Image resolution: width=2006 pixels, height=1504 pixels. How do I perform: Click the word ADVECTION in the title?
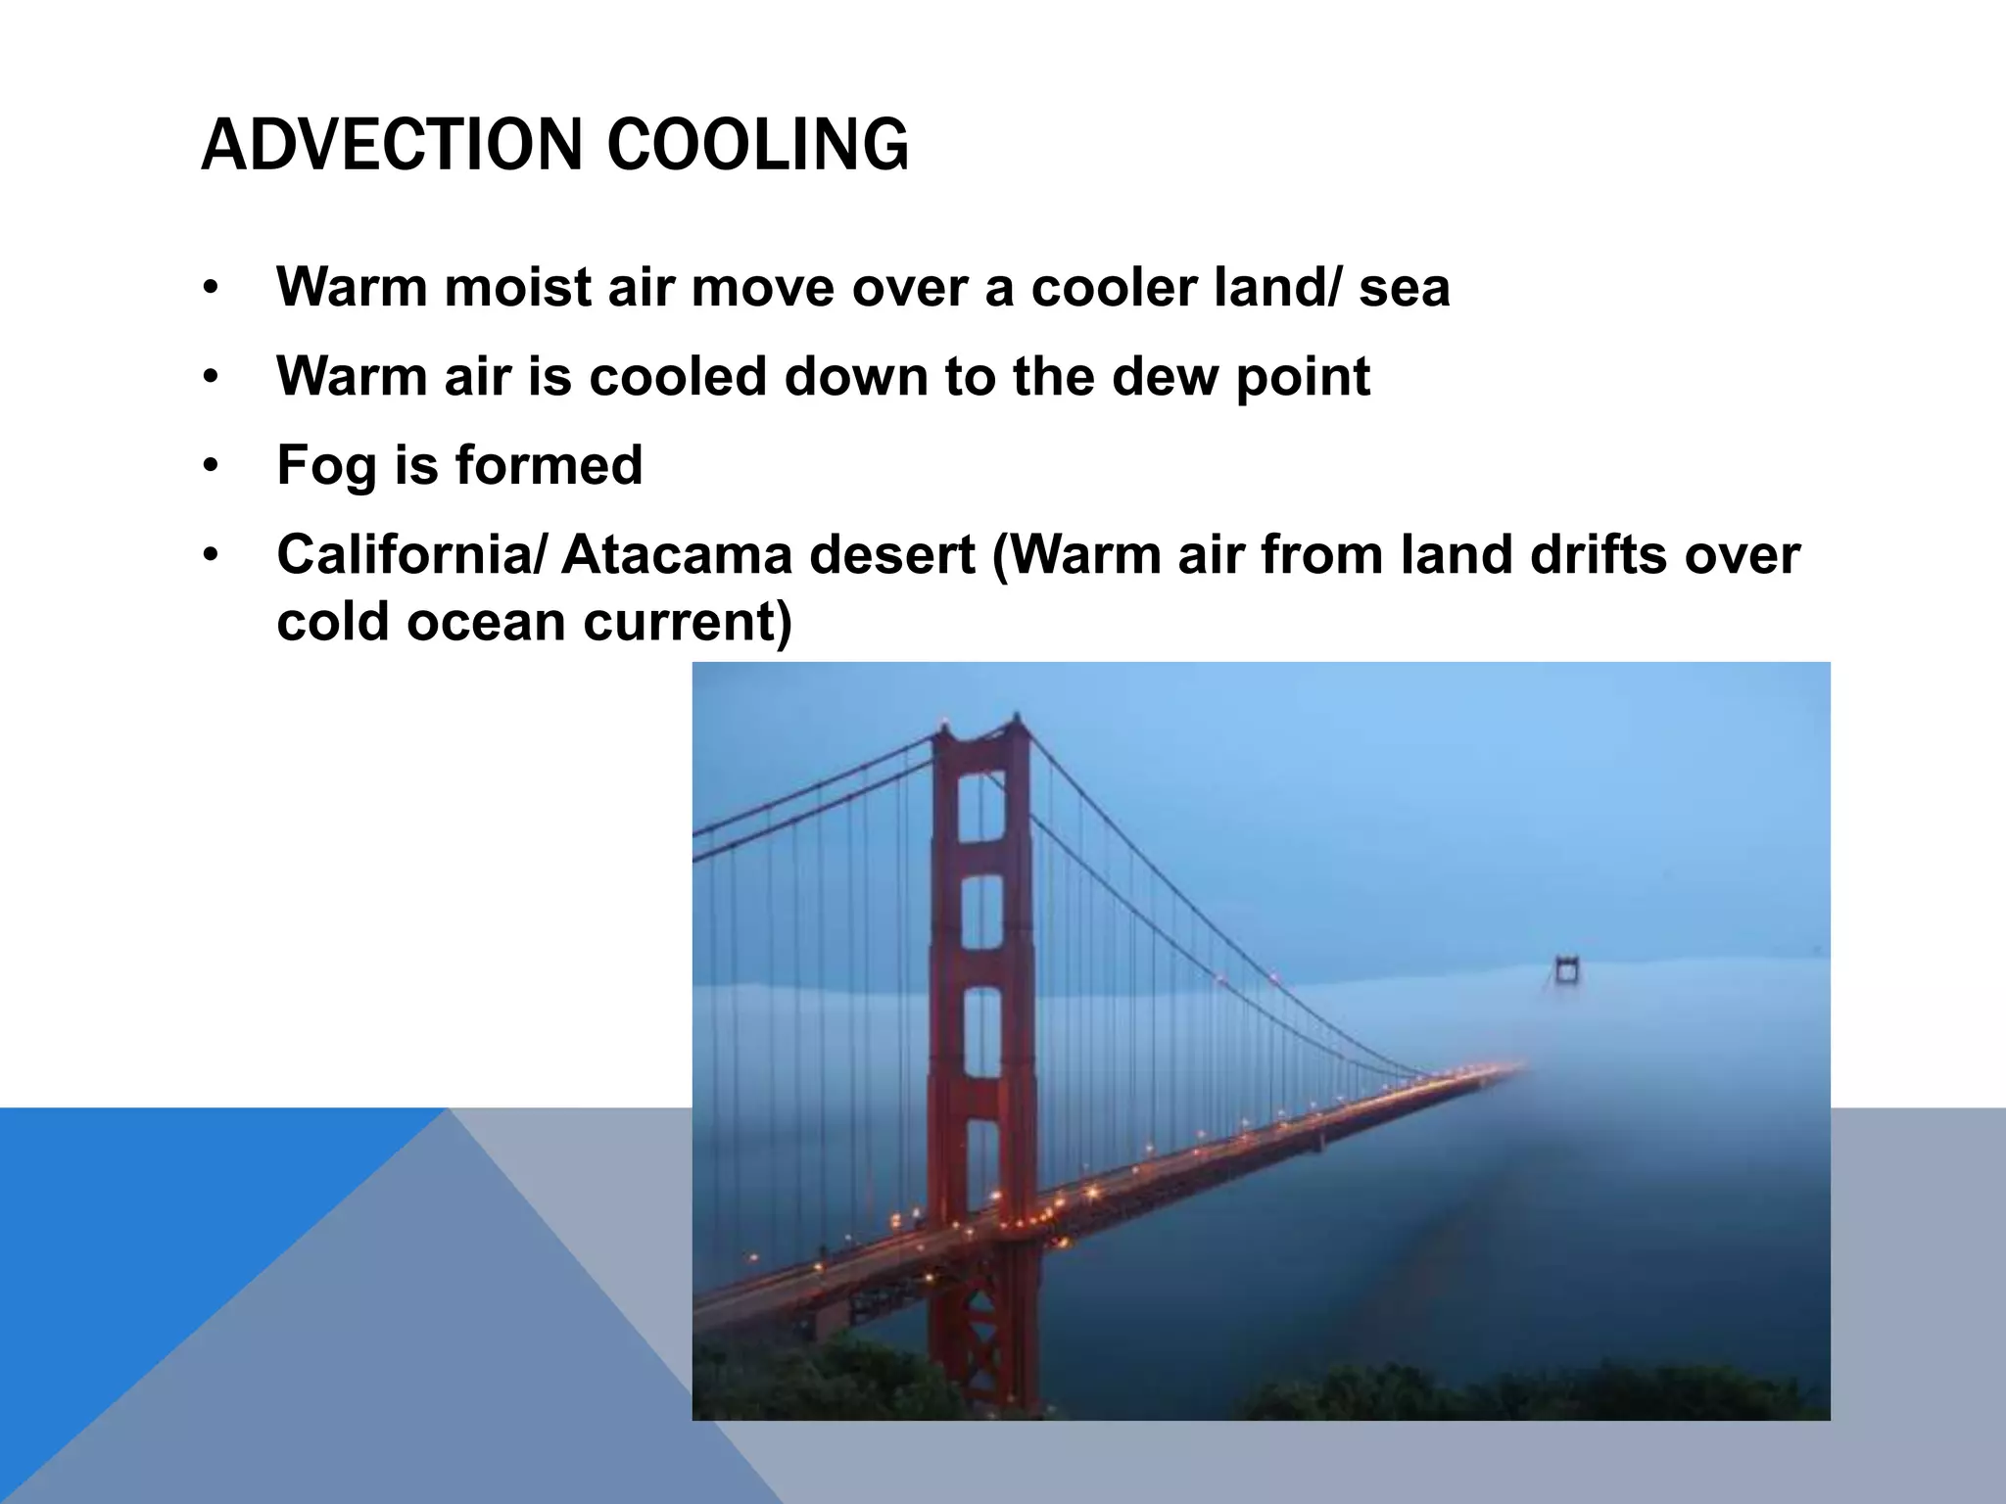click(393, 145)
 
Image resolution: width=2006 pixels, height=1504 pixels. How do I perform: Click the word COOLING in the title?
click(757, 145)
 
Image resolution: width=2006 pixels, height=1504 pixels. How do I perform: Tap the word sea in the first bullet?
click(1404, 288)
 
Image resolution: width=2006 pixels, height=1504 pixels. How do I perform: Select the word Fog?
click(326, 466)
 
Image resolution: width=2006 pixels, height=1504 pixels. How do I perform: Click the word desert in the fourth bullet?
click(891, 555)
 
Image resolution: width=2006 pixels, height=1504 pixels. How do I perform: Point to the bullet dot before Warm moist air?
click(209, 289)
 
